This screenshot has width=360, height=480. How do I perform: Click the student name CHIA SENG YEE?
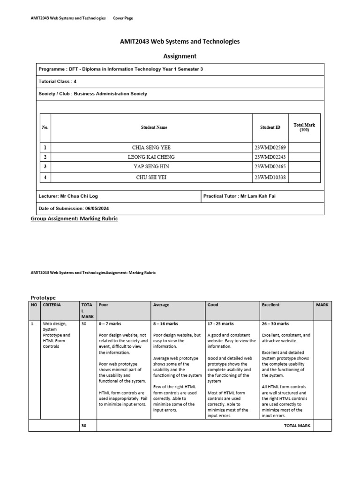151,147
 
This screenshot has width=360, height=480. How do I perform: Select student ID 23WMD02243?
270,157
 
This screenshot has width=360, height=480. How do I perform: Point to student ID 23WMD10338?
270,177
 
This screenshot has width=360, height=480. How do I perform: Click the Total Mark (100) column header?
304,127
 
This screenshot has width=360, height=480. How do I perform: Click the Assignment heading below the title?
180,56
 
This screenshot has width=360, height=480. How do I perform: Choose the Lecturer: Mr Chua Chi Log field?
68,196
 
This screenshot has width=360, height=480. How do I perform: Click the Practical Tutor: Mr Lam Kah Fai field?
239,196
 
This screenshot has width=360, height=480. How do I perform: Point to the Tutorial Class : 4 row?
58,81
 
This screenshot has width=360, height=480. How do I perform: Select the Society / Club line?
93,94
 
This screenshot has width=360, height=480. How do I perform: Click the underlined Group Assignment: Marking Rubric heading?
74,218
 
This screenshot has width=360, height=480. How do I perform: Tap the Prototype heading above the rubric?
43,298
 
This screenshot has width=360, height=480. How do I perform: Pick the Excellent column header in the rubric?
271,305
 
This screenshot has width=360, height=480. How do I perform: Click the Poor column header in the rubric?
104,305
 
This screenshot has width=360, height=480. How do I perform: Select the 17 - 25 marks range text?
221,323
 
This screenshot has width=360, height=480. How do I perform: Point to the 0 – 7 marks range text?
111,323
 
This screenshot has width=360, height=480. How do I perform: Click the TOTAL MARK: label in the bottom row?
298,426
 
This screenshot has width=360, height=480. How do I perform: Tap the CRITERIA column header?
52,305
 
